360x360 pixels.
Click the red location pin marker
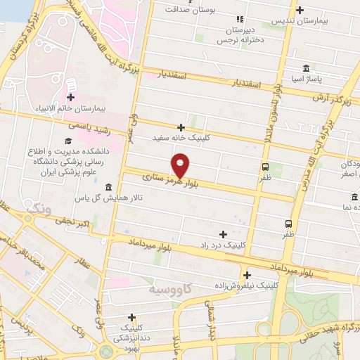(x=181, y=165)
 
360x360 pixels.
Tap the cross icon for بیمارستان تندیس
(x=300, y=10)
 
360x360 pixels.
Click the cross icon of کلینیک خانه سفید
(x=181, y=127)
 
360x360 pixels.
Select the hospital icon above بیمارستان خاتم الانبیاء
(x=71, y=97)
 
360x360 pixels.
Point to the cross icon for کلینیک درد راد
(x=224, y=234)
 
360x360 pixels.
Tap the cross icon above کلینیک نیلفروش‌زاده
(x=247, y=275)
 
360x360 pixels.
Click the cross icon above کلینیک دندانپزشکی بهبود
(x=132, y=318)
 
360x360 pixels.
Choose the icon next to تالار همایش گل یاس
(x=108, y=187)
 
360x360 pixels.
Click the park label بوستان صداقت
(x=191, y=9)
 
